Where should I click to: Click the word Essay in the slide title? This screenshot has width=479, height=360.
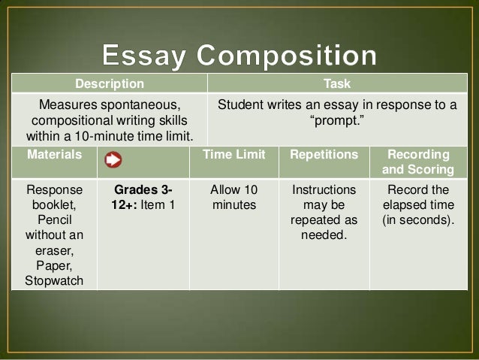coord(143,56)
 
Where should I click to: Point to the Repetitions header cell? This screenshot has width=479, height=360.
coord(324,154)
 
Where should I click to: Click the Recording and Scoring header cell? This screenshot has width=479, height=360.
coord(419,162)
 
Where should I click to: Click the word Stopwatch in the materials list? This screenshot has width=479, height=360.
coord(53,283)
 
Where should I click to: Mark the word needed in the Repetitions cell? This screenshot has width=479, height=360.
coord(324,236)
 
